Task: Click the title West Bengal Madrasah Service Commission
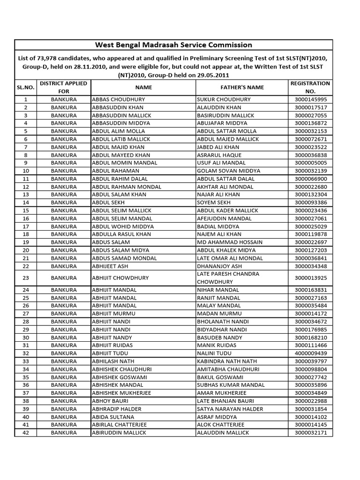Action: (173, 45)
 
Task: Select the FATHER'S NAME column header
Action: (242, 87)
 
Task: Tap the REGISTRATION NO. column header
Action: (310, 87)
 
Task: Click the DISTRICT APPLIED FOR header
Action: (64, 87)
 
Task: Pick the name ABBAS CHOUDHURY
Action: (119, 99)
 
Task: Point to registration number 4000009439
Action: (310, 353)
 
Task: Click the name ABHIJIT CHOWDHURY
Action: (120, 277)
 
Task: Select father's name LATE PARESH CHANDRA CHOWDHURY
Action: (228, 277)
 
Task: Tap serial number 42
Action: (26, 433)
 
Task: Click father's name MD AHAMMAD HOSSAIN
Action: (230, 242)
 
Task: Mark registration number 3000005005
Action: (310, 163)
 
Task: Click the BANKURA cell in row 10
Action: (64, 171)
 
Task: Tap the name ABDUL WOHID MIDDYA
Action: (120, 226)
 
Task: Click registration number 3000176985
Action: (310, 329)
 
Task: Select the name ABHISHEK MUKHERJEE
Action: (121, 393)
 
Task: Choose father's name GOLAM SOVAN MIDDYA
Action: (229, 171)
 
